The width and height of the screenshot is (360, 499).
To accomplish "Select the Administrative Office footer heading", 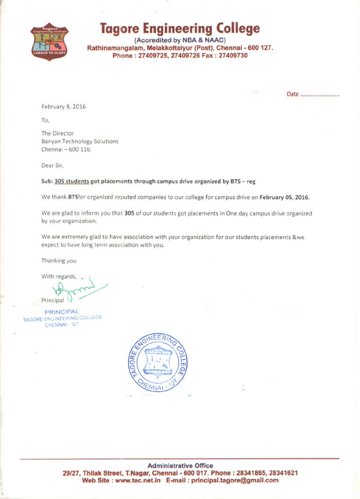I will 180,464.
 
